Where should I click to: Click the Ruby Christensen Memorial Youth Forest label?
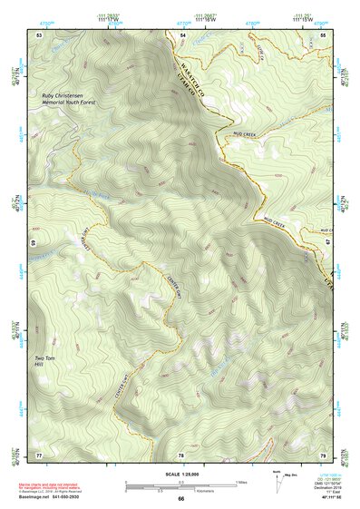[68, 99]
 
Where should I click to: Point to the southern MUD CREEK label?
[275, 221]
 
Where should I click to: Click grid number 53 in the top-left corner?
[39, 34]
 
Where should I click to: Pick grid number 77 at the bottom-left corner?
[39, 454]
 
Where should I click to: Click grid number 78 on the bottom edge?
[180, 454]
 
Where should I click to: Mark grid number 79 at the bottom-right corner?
[323, 454]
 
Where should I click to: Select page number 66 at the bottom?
[180, 499]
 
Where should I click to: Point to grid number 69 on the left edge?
[33, 243]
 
